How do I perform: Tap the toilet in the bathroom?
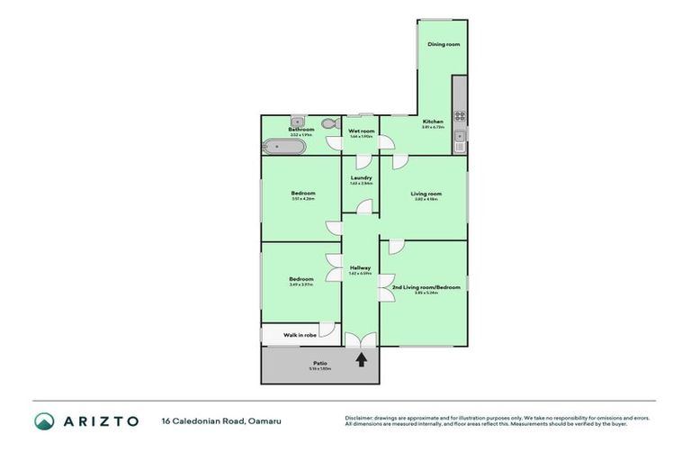click(328, 124)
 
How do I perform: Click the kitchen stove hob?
click(460, 115)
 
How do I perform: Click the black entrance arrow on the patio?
click(362, 359)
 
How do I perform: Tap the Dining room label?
click(443, 44)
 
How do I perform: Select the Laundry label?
click(361, 177)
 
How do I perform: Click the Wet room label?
click(361, 131)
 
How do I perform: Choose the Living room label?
click(426, 194)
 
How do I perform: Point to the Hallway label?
click(361, 267)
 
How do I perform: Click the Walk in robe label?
click(300, 335)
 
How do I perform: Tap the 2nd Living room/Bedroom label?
click(426, 287)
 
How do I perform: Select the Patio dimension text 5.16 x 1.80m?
click(319, 369)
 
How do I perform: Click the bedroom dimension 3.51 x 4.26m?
click(302, 199)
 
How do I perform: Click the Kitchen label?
click(433, 122)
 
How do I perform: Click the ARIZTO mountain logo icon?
click(44, 420)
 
